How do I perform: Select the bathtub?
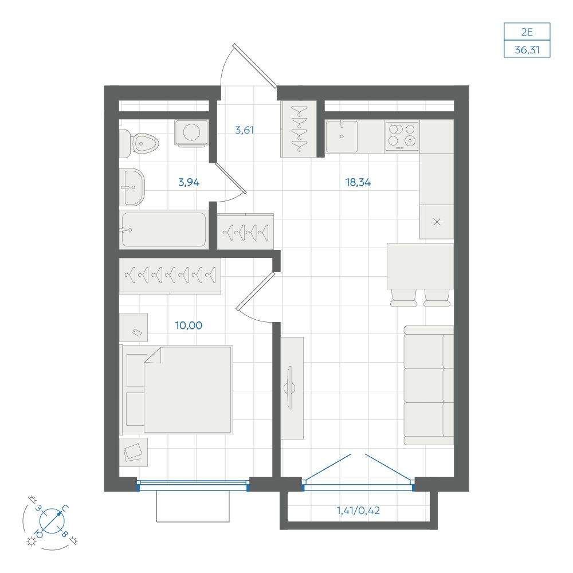[x=164, y=230]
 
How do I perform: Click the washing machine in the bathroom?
[x=191, y=133]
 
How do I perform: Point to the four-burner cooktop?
[x=402, y=136]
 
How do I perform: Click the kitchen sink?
[x=342, y=136]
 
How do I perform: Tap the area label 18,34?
[x=358, y=182]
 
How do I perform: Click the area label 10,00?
[x=188, y=325]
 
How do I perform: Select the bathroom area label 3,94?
[x=189, y=182]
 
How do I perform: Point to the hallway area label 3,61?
[x=244, y=129]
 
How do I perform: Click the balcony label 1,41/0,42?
[x=358, y=510]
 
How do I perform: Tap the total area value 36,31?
[x=527, y=49]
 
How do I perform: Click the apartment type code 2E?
[x=527, y=32]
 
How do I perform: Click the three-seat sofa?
[x=429, y=386]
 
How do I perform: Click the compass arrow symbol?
[x=52, y=520]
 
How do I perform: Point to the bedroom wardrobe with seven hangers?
[x=170, y=275]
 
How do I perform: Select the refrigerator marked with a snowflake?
[x=437, y=222]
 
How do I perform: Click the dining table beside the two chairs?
[x=420, y=266]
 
